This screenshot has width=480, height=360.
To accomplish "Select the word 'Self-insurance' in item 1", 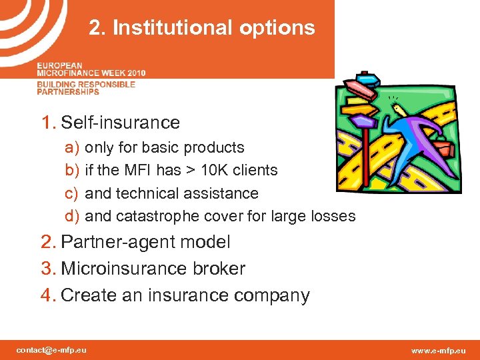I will [x=120, y=123].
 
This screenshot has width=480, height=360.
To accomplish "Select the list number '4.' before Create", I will [x=49, y=295].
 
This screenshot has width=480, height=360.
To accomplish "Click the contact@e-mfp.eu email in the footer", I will [x=51, y=350].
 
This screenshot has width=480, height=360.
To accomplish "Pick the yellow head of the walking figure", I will [x=399, y=109].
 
